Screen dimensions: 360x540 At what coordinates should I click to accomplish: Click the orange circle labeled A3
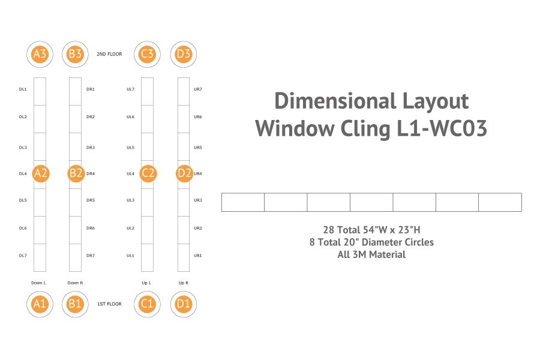(40, 54)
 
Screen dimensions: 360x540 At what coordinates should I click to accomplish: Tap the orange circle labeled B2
(75, 173)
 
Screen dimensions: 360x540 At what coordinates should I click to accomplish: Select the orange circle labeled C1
(147, 304)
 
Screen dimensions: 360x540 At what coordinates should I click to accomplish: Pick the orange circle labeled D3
(183, 54)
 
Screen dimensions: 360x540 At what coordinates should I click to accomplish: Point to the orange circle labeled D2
(184, 173)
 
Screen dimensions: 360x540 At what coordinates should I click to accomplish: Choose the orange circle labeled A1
(40, 304)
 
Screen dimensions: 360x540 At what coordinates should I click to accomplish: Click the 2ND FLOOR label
(109, 54)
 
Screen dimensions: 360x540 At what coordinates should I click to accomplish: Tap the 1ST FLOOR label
(109, 304)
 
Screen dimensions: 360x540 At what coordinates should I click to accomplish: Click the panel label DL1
(23, 89)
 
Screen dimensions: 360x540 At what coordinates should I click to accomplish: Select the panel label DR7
(91, 256)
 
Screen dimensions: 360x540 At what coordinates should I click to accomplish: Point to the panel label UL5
(130, 147)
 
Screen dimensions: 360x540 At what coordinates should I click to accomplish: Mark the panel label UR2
(197, 228)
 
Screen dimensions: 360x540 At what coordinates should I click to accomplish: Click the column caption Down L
(39, 282)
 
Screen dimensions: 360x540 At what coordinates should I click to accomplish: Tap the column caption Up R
(183, 282)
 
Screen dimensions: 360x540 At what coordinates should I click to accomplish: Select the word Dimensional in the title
(334, 101)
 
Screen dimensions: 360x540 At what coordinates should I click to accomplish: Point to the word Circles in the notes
(415, 242)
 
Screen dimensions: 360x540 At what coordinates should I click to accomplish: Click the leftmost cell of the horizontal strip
(243, 202)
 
